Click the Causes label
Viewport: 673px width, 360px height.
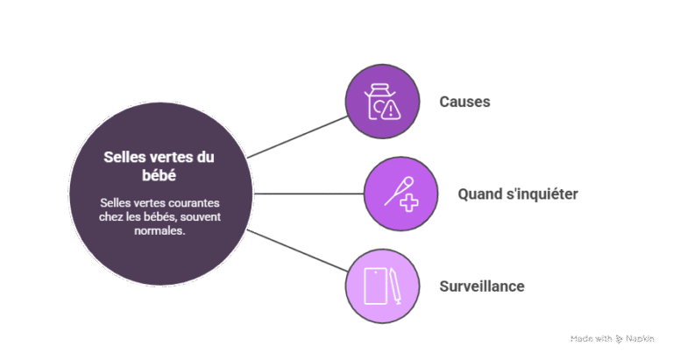coord(464,102)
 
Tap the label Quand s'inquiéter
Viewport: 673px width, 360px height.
coord(518,194)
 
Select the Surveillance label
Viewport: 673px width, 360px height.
coord(482,286)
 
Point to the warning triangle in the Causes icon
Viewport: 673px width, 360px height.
coord(391,109)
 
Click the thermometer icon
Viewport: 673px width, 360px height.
coord(399,191)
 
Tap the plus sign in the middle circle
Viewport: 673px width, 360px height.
coord(409,202)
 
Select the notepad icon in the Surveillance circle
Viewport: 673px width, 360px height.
coord(376,286)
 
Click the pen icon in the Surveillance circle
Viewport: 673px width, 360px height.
coord(395,286)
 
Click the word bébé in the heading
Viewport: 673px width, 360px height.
coord(159,175)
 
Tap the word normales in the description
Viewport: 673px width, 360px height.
coord(159,230)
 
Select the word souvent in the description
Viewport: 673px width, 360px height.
coord(201,216)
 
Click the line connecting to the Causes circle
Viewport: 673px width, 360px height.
coord(297,137)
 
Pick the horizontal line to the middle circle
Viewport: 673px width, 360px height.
coord(309,194)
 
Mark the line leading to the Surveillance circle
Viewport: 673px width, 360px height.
coord(297,251)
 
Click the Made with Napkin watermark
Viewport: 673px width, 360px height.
coord(612,339)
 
